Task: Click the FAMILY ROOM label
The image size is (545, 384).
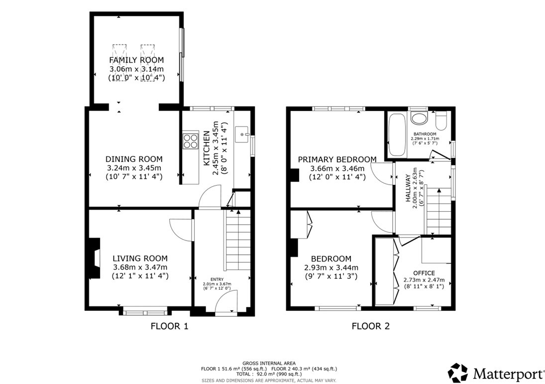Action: point(136,60)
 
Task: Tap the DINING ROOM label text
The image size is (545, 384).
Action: point(134,159)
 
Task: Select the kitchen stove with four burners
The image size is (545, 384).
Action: point(190,140)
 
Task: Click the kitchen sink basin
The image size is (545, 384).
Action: point(242,134)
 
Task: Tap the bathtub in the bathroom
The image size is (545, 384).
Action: point(397,135)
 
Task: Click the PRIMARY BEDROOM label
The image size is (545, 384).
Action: point(337,159)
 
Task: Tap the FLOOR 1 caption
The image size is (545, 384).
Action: point(169,327)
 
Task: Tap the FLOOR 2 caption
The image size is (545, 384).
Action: point(370,327)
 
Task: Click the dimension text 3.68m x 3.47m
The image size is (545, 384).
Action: point(140,267)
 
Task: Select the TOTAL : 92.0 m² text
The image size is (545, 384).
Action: point(269,374)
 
